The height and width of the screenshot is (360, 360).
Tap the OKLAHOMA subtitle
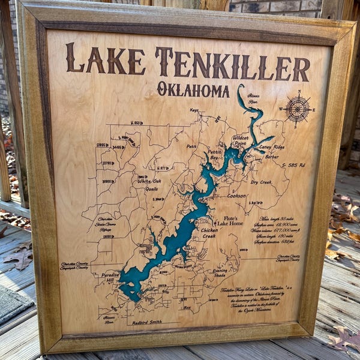point(193,90)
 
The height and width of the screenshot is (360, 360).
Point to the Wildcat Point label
point(240,140)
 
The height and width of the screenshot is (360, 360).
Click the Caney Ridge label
point(272,147)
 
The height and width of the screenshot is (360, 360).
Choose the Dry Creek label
point(261,182)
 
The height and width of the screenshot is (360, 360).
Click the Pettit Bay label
point(214,154)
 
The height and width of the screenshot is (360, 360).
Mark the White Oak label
point(149,181)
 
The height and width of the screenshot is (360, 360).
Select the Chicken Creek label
point(209,233)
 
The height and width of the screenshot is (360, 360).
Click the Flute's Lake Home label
point(230,221)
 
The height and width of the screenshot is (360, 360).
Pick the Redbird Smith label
point(147,322)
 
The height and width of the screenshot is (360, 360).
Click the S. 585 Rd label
point(292,164)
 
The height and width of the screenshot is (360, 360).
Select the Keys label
point(194,110)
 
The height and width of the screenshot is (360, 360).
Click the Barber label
point(272,157)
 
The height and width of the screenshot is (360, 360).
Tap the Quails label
point(151,188)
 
